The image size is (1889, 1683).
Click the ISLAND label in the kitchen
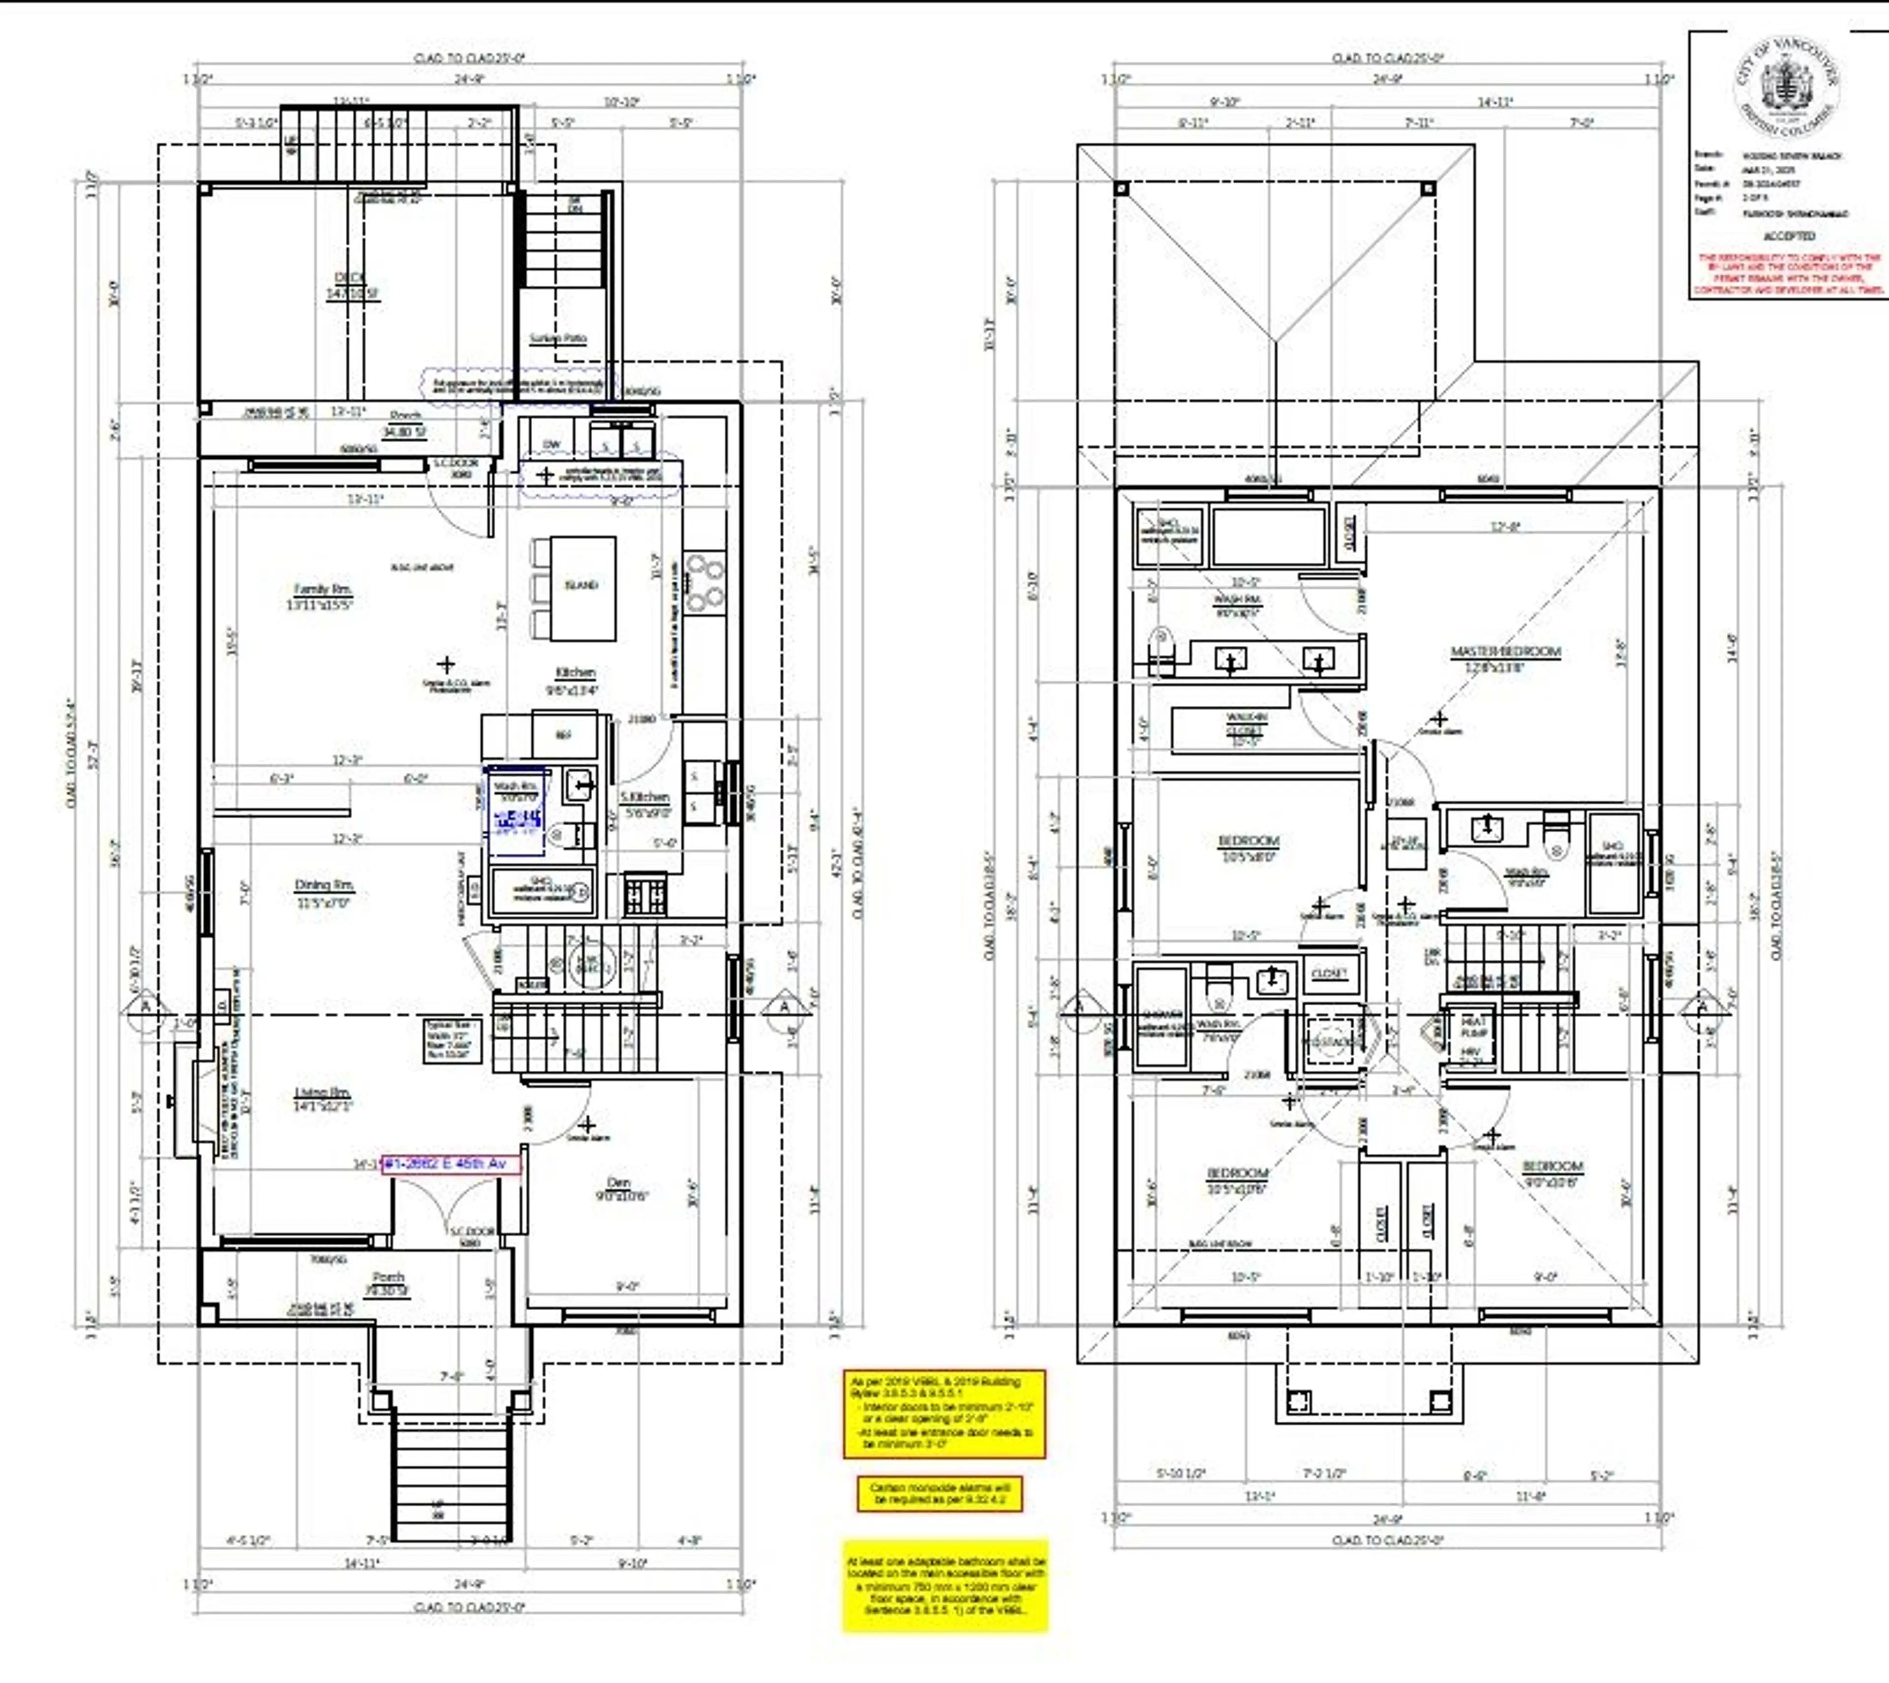click(581, 585)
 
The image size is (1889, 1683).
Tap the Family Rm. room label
click(322, 589)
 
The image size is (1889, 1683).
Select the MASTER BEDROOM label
click(1505, 652)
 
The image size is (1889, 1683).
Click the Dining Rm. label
click(324, 885)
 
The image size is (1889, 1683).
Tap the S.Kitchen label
click(645, 796)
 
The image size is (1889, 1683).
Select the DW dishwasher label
click(551, 444)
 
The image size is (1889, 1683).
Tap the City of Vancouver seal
click(1785, 88)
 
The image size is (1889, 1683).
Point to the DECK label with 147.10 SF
click(351, 277)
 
